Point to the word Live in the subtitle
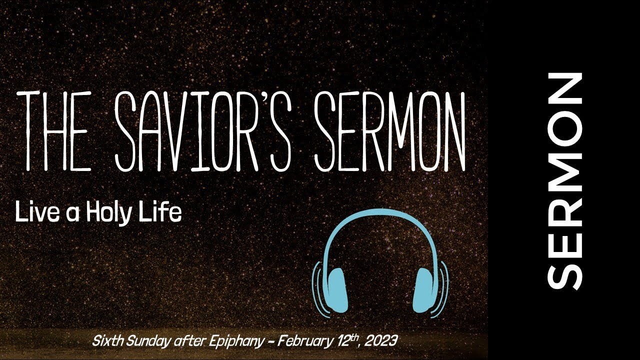coord(34,213)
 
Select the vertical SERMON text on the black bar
coord(565,181)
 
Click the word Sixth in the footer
coord(106,341)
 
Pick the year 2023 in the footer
coord(382,341)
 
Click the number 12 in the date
coord(339,341)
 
